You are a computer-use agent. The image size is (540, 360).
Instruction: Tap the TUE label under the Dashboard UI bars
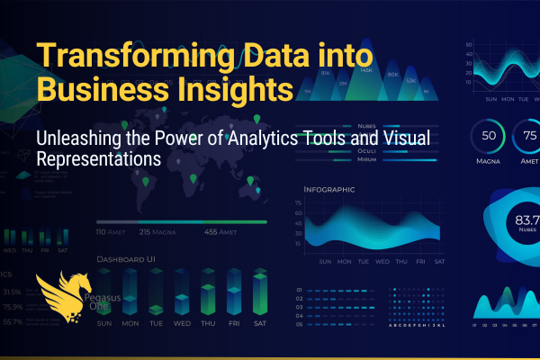(x=157, y=323)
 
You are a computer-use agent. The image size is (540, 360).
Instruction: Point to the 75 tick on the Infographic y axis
(x=297, y=203)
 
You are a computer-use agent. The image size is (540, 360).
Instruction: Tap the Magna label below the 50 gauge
(x=490, y=162)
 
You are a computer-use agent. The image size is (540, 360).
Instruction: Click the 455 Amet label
(x=245, y=232)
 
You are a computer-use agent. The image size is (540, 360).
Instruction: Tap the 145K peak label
(x=366, y=69)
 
